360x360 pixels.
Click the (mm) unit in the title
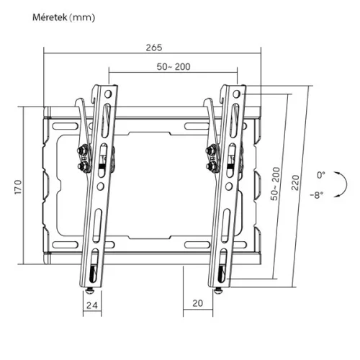80,16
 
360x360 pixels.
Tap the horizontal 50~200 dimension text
174,66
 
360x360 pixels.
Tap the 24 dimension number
91,305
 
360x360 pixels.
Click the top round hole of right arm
238,94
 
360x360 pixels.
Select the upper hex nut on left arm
81,152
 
